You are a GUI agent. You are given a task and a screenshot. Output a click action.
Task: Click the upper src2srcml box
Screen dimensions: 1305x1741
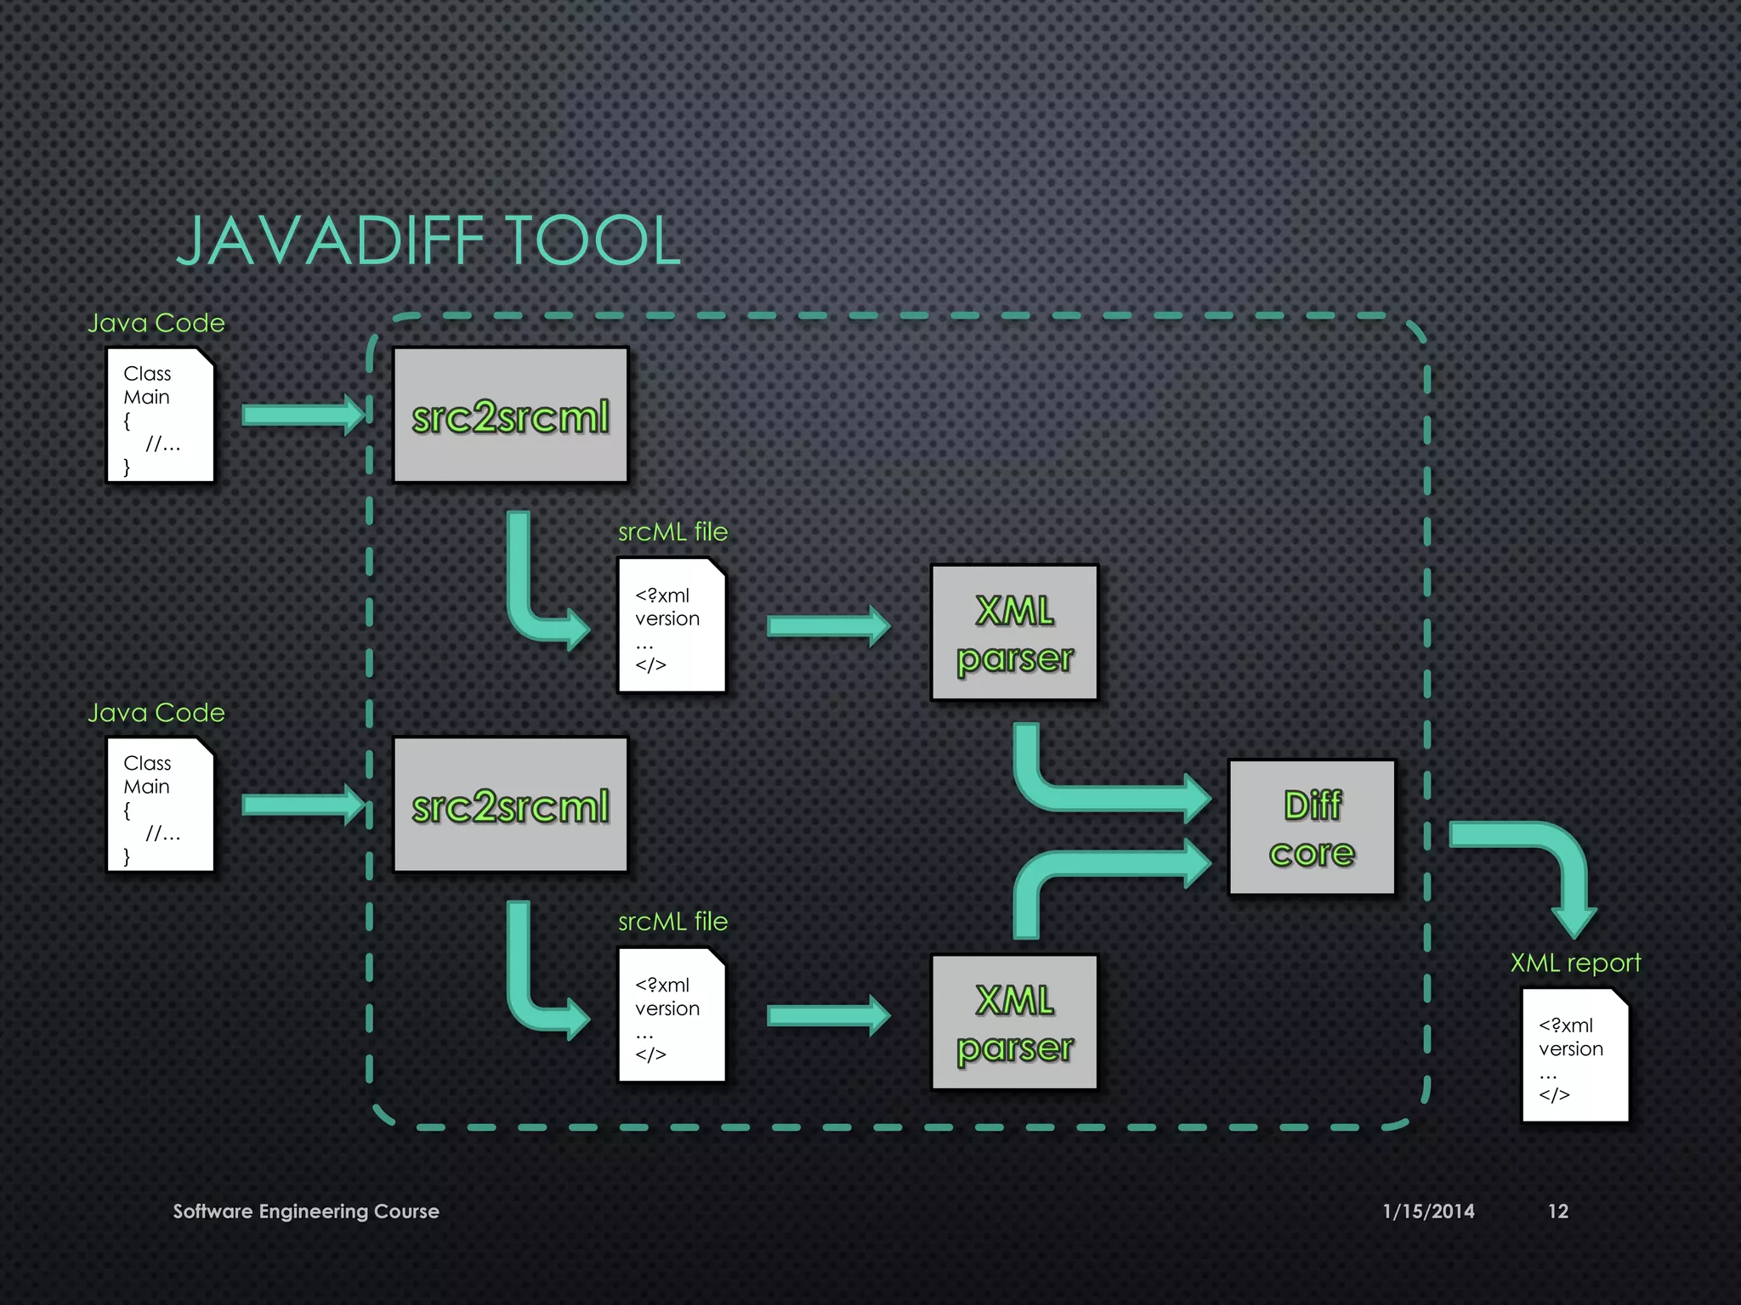[510, 415]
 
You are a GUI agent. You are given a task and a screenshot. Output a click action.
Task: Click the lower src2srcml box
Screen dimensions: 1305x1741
[510, 804]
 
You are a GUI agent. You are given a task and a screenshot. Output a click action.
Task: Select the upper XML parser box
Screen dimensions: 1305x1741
[1014, 633]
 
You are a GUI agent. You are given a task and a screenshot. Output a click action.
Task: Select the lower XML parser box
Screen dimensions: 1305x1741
[1014, 1022]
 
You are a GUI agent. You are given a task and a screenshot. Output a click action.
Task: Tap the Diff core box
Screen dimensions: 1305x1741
[1312, 828]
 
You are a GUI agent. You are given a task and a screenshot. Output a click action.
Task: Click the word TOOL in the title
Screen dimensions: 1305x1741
[593, 241]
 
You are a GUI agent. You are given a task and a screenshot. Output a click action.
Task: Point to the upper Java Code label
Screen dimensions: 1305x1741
[156, 323]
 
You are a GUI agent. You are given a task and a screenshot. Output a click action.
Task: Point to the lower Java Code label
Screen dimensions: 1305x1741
[156, 712]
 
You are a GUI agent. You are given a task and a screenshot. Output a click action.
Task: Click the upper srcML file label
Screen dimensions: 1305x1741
[672, 532]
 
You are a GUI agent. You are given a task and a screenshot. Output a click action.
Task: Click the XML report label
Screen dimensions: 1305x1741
[1574, 963]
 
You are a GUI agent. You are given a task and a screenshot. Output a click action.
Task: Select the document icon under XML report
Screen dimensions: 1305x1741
[1574, 1055]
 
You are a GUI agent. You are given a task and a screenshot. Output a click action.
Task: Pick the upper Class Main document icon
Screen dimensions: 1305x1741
[160, 415]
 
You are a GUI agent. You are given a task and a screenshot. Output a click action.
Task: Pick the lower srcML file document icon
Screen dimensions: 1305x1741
[672, 1014]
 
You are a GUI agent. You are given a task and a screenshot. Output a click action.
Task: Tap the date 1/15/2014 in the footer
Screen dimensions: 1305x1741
[1428, 1211]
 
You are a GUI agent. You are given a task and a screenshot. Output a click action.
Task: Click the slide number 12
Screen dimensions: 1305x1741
[1557, 1211]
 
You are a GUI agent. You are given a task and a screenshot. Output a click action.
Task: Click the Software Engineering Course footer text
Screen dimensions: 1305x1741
[306, 1211]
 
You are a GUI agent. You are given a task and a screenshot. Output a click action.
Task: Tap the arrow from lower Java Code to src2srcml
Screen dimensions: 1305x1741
[303, 804]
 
